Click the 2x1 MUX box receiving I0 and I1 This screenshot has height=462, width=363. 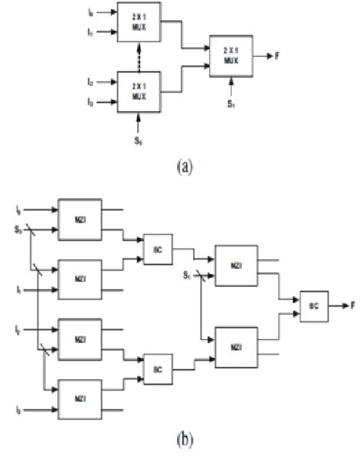139,21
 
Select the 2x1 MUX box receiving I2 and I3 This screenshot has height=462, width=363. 139,91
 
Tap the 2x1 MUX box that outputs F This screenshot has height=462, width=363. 234,55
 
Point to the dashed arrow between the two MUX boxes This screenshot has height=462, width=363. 139,57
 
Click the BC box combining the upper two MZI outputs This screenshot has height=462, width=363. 158,249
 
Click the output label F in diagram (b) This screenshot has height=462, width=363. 353,305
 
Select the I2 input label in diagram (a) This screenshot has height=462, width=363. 90,81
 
